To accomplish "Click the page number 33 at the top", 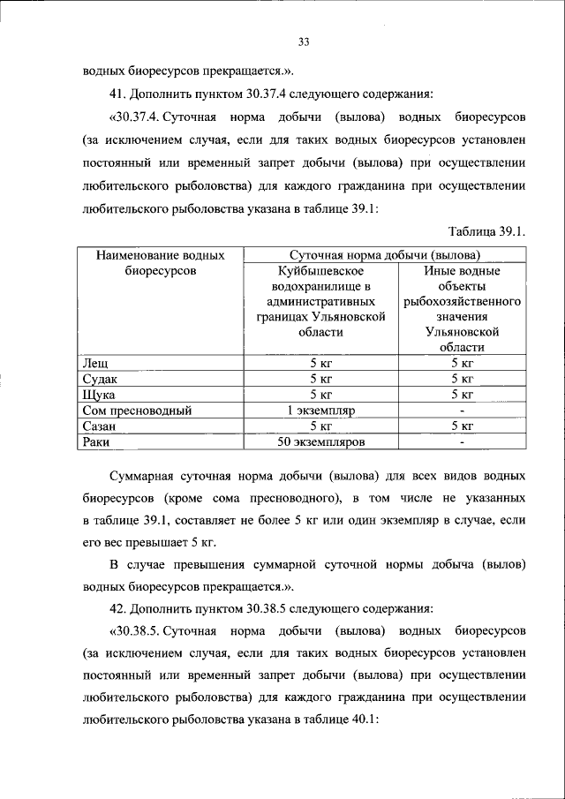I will click(x=304, y=41).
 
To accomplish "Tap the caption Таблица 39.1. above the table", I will click(x=487, y=232).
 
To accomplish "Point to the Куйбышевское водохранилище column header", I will click(x=320, y=301).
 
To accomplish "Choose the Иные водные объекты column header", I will click(x=462, y=308).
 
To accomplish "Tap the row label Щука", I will click(x=99, y=394).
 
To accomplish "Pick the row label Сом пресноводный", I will click(x=136, y=410).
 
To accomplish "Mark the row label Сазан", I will click(x=100, y=426).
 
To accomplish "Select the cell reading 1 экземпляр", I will click(x=320, y=410).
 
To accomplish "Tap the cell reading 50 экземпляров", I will click(x=320, y=441).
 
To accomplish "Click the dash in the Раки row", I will click(x=462, y=441).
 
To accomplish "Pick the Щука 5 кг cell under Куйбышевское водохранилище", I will click(x=320, y=394).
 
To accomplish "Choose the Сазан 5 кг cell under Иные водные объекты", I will click(x=462, y=426).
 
